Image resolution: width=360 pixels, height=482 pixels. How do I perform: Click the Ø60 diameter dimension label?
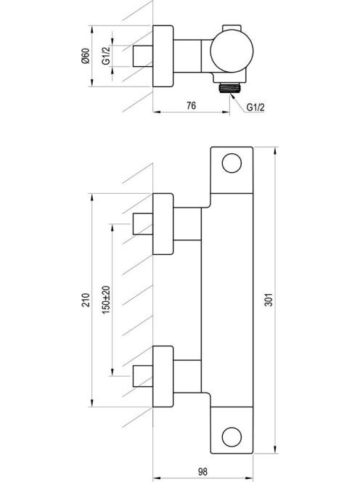(86, 56)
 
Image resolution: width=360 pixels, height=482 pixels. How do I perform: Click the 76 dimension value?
(191, 106)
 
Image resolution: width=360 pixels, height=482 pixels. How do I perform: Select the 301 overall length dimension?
(269, 300)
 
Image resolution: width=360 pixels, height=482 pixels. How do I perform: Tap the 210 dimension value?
(86, 300)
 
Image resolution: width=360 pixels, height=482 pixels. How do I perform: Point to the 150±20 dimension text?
(106, 300)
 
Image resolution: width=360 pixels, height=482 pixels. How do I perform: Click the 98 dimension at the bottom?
(203, 471)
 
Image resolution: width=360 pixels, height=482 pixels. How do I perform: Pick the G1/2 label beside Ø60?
(106, 56)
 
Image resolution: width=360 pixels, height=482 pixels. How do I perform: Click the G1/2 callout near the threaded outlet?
(255, 107)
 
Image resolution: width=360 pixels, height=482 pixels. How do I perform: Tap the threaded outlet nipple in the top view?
(229, 89)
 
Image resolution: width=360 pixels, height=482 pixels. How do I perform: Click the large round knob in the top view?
(232, 51)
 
